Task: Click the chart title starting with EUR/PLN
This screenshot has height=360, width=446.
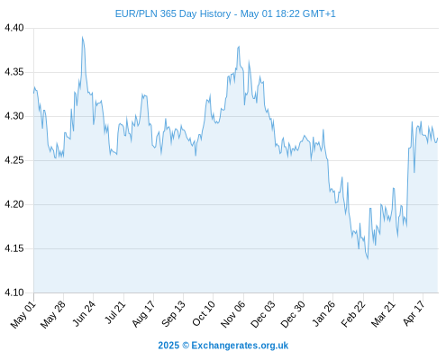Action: pyautogui.click(x=225, y=13)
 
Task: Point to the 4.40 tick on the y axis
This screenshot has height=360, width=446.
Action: pyautogui.click(x=14, y=28)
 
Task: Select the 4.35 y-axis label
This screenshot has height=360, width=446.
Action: pyautogui.click(x=14, y=72)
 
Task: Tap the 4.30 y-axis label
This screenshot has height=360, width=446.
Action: pyautogui.click(x=14, y=116)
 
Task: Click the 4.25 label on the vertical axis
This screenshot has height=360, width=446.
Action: pyautogui.click(x=14, y=160)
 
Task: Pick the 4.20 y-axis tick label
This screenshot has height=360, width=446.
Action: pyautogui.click(x=14, y=204)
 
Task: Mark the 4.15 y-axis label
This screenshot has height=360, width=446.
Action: pyautogui.click(x=14, y=248)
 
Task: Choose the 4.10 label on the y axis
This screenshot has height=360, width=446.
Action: pyautogui.click(x=14, y=292)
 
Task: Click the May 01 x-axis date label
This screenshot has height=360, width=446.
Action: pyautogui.click(x=23, y=315)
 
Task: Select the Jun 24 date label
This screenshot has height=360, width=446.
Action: pyautogui.click(x=84, y=313)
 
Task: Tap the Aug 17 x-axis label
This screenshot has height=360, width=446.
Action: pyautogui.click(x=143, y=313)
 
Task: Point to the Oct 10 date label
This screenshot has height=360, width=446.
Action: pyautogui.click(x=204, y=313)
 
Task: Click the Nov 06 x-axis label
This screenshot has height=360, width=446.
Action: pyautogui.click(x=232, y=314)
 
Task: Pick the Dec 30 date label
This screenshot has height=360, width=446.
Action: pyautogui.click(x=293, y=314)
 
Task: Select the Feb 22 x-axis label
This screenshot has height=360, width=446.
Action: pyautogui.click(x=353, y=314)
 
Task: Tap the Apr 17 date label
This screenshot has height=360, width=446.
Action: pyautogui.click(x=414, y=313)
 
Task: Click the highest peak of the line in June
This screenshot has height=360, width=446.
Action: pyautogui.click(x=82, y=37)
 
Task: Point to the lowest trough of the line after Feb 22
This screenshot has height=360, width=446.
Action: pyautogui.click(x=368, y=259)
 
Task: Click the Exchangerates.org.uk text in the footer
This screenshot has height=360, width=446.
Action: pyautogui.click(x=240, y=346)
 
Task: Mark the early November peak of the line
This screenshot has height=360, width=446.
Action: pyautogui.click(x=239, y=47)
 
